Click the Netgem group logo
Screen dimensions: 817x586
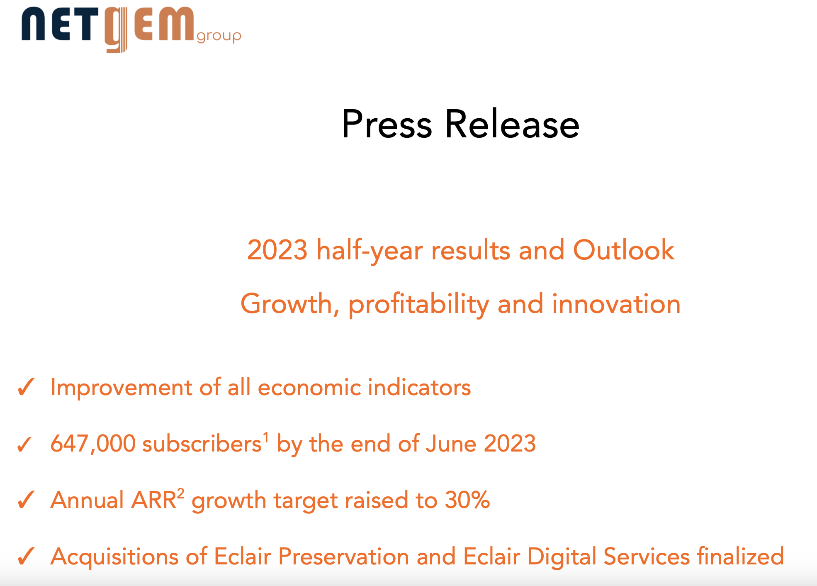pyautogui.click(x=131, y=29)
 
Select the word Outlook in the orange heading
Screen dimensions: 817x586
pyautogui.click(x=623, y=250)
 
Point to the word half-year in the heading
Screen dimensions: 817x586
pyautogui.click(x=370, y=251)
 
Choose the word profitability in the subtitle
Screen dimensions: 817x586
pyautogui.click(x=419, y=305)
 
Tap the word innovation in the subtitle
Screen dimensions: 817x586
pyautogui.click(x=616, y=304)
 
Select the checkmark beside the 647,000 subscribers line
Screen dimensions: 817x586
pyautogui.click(x=24, y=444)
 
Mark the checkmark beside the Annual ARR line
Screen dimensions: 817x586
pyautogui.click(x=26, y=500)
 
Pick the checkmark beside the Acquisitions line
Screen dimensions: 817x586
pyautogui.click(x=26, y=556)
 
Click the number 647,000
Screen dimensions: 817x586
pyautogui.click(x=93, y=444)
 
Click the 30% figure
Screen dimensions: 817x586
pyautogui.click(x=467, y=500)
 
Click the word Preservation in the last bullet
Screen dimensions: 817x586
pyautogui.click(x=344, y=556)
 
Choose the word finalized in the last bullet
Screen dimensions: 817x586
pyautogui.click(x=740, y=556)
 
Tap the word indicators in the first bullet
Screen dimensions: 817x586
pyautogui.click(x=419, y=387)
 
